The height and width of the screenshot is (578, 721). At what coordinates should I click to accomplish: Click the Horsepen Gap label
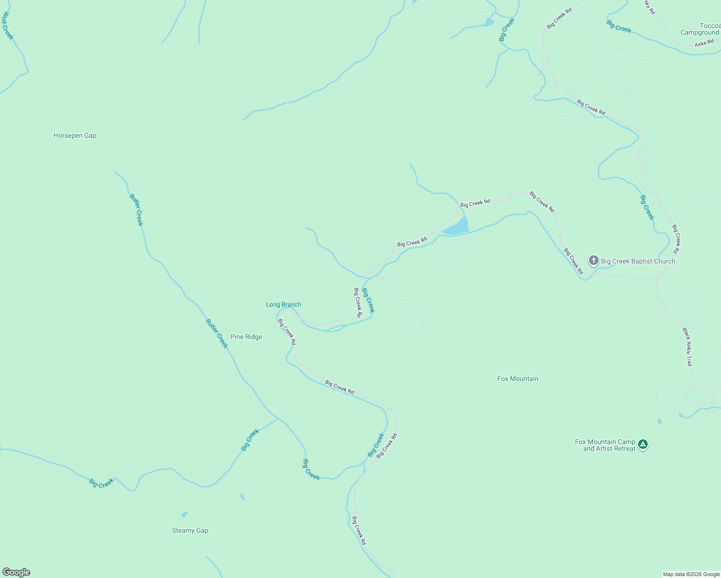click(x=75, y=136)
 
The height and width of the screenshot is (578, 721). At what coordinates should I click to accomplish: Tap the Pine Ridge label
click(x=246, y=337)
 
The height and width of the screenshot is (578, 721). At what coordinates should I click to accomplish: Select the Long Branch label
click(x=283, y=304)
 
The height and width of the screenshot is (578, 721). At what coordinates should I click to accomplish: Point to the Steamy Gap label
click(x=190, y=531)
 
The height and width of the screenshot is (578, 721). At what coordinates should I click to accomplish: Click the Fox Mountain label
click(x=518, y=379)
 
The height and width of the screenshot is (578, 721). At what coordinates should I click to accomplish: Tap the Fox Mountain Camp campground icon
click(x=642, y=444)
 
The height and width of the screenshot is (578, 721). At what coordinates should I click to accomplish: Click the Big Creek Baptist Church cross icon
click(x=593, y=261)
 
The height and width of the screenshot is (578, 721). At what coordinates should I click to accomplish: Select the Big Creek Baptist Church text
click(x=638, y=262)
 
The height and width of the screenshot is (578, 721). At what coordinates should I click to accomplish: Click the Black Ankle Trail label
click(x=687, y=347)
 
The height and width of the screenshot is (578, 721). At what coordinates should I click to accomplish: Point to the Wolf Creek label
click(x=7, y=26)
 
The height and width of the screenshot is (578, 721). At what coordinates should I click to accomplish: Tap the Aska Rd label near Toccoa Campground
click(x=704, y=43)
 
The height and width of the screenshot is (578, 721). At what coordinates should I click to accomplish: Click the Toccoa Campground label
click(x=700, y=29)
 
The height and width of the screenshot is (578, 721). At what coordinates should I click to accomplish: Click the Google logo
click(x=16, y=572)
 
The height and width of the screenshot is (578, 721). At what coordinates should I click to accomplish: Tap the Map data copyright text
click(x=691, y=574)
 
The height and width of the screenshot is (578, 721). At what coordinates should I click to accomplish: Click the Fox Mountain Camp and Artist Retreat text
click(x=605, y=446)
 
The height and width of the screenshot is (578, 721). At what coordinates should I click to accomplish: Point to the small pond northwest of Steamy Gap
click(x=184, y=514)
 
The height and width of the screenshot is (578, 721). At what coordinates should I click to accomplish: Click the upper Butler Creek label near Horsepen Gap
click(x=136, y=210)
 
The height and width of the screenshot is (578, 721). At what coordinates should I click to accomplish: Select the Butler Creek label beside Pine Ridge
click(x=216, y=333)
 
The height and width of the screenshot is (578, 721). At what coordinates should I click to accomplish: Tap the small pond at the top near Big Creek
click(x=489, y=22)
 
